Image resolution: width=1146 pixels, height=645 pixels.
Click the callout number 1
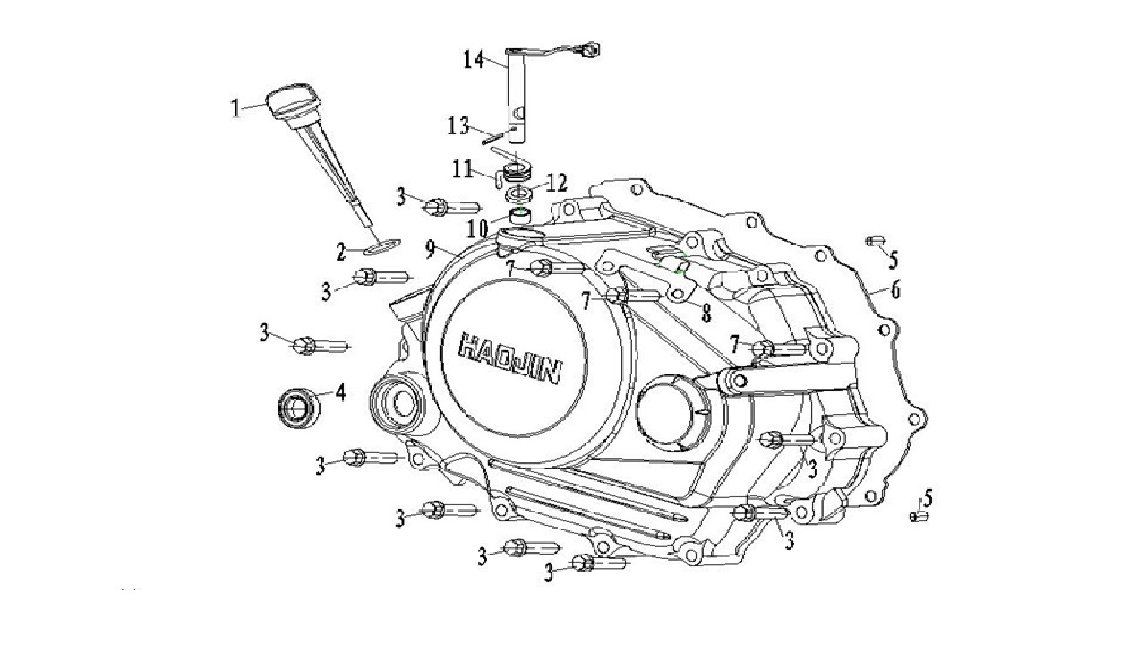tap(235, 108)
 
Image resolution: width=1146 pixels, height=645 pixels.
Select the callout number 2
tap(341, 252)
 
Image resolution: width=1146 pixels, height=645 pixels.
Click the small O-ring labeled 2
tap(382, 245)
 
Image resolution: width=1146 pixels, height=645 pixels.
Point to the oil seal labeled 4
tap(299, 408)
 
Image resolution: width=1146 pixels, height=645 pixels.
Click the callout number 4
tap(340, 392)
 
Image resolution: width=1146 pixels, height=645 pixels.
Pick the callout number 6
tap(894, 290)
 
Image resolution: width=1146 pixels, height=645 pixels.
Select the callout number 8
tap(706, 314)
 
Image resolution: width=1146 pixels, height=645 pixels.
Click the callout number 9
tap(431, 249)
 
